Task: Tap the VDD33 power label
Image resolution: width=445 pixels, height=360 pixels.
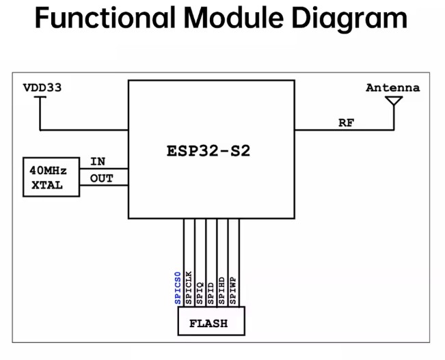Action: pyautogui.click(x=46, y=88)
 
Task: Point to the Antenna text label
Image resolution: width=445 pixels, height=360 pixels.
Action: pyautogui.click(x=392, y=88)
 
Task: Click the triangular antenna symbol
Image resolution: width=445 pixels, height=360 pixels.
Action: pyautogui.click(x=394, y=102)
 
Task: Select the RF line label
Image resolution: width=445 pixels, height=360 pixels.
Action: pyautogui.click(x=347, y=123)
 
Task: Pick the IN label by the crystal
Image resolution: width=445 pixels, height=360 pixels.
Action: pyautogui.click(x=98, y=162)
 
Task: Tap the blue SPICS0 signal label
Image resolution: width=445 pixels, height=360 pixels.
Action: pyautogui.click(x=178, y=288)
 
